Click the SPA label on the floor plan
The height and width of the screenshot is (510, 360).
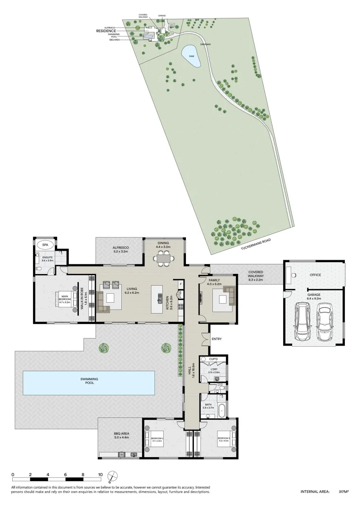pos(46,245)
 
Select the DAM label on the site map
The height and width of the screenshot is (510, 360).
pos(192,55)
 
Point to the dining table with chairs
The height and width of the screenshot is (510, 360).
pos(165,258)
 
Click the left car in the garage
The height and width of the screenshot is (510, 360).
pos(302,322)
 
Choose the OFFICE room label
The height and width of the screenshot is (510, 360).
pos(314,274)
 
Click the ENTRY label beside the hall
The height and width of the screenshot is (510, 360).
pos(217,339)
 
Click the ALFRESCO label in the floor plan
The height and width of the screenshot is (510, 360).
pos(121,249)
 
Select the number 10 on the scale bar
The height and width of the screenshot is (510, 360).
pos(100,475)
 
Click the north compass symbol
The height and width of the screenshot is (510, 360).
pos(111,476)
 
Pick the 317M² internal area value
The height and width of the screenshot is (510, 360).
pos(343,492)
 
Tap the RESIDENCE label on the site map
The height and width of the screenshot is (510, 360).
pos(106,31)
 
